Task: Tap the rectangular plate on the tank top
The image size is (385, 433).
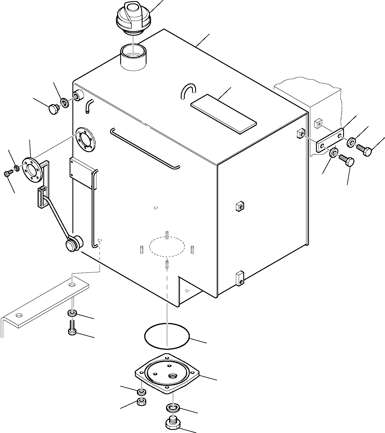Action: click(223, 113)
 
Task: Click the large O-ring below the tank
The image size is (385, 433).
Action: click(167, 335)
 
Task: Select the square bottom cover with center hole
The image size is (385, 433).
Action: click(167, 373)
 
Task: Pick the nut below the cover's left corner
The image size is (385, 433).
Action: click(141, 402)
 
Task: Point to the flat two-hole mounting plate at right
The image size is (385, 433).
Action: click(330, 141)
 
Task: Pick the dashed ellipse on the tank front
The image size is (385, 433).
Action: click(167, 246)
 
